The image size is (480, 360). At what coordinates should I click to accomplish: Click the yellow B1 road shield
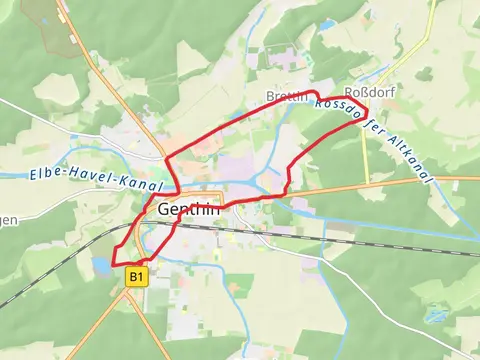137,276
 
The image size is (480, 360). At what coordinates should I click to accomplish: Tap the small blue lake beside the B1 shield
103,266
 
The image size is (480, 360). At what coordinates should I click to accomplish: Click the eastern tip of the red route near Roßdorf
367,110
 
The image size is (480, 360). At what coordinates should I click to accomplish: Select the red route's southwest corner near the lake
115,264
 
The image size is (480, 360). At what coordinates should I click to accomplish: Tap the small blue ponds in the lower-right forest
435,315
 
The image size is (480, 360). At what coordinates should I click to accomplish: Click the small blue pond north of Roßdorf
327,23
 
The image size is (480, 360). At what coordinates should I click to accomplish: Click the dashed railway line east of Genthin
330,240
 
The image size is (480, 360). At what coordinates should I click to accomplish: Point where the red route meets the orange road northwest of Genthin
165,158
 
